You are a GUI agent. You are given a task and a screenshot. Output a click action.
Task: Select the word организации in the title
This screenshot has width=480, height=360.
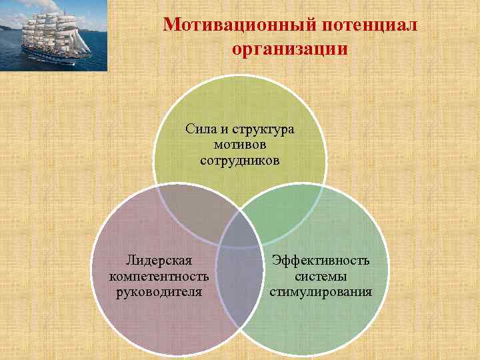coord(290,49)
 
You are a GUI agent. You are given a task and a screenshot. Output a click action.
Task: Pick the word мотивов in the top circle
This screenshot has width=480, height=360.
coord(239,145)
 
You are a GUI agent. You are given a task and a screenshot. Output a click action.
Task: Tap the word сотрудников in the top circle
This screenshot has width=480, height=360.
coord(239,161)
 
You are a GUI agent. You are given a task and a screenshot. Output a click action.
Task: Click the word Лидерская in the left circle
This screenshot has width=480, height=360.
coord(159,260)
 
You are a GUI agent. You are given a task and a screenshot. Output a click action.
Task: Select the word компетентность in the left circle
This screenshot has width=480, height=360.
coord(159,275)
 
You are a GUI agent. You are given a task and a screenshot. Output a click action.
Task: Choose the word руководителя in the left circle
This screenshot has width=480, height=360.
coord(159,291)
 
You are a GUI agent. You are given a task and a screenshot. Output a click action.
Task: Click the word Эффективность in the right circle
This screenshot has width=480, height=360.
coord(321,260)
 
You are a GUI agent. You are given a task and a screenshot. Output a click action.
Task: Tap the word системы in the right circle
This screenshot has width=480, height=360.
coord(321,275)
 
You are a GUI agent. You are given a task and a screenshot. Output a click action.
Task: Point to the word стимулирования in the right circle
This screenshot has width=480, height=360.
coord(321,291)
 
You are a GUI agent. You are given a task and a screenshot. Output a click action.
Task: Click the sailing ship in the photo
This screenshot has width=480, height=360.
coord(50,37)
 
